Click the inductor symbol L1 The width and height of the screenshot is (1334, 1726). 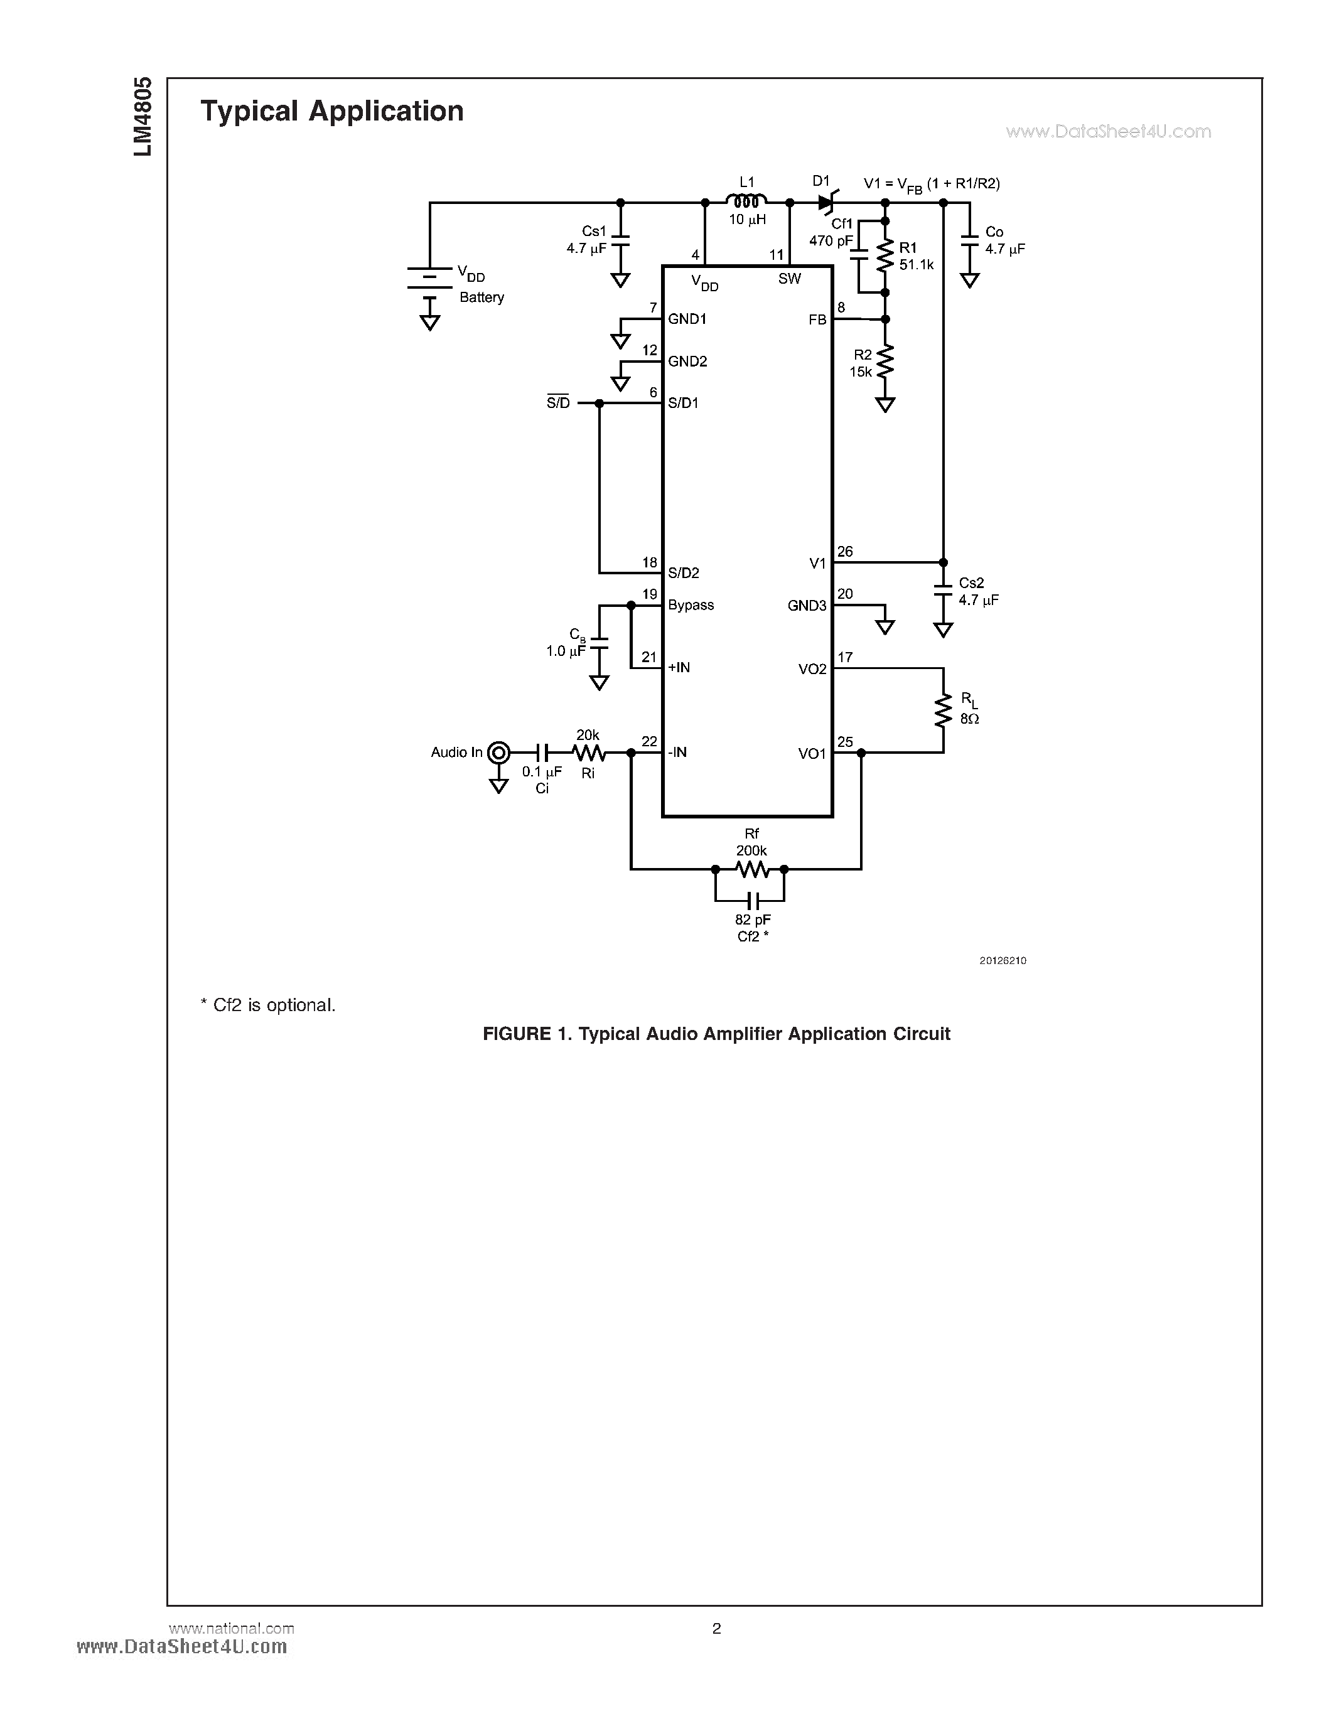(x=746, y=201)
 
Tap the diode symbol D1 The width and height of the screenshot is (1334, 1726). (x=825, y=202)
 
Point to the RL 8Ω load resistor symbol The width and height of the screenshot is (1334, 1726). (x=943, y=710)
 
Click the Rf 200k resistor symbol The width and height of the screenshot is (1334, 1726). (x=751, y=869)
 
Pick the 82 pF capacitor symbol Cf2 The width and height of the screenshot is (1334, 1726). (x=751, y=900)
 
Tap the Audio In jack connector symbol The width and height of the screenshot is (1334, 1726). (x=498, y=753)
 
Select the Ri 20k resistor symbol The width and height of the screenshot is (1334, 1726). (x=588, y=753)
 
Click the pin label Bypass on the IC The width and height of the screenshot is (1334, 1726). (x=690, y=606)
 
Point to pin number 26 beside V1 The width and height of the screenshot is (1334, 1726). (x=845, y=552)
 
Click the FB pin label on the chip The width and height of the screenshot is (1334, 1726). (x=817, y=319)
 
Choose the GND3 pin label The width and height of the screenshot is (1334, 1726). (x=807, y=606)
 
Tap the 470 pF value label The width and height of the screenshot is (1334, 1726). (x=830, y=241)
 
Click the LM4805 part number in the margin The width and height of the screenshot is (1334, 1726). (x=143, y=116)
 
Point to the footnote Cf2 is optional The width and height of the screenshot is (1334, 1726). (x=268, y=1005)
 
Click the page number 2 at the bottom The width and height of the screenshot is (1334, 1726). (x=716, y=1628)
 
